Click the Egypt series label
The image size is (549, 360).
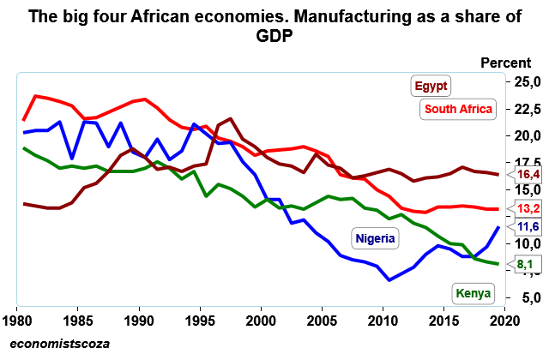coord(432,86)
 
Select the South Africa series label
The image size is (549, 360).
coord(456,109)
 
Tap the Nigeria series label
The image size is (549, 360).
coord(374,237)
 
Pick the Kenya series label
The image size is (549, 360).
coord(474,293)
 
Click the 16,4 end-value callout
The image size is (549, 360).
coord(528,175)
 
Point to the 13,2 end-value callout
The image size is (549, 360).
coord(528,208)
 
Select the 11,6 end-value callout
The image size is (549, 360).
coord(528,226)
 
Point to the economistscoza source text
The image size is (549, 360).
coord(61,344)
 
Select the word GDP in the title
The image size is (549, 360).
coord(274,37)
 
